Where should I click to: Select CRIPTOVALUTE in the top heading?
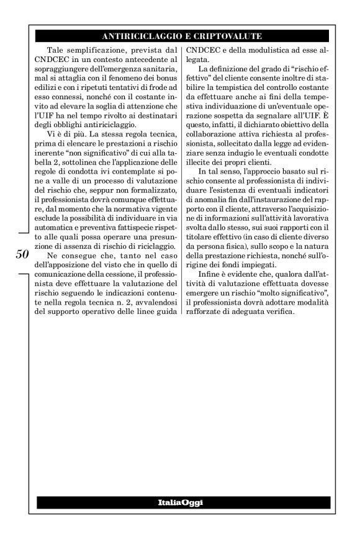pos(230,36)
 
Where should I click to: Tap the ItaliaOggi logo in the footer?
pos(180,501)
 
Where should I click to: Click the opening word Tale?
pos(56,49)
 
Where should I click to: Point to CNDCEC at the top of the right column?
pos(204,49)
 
